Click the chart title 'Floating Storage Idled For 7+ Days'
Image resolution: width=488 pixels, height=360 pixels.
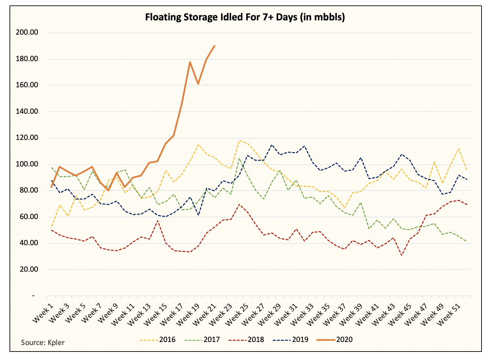[245, 17]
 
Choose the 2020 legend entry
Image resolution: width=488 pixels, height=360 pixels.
[334, 339]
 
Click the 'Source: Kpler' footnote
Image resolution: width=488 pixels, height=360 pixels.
[43, 342]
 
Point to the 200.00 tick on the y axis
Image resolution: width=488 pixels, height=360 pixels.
[27, 33]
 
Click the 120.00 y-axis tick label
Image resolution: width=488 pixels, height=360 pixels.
[27, 138]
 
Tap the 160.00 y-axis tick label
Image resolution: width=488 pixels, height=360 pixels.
[27, 85]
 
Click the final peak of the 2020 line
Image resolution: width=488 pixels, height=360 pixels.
[214, 46]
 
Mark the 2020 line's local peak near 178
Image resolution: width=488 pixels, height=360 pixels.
[190, 62]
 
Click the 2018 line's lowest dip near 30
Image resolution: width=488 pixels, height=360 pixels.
[402, 255]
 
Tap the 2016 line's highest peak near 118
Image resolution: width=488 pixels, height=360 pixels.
[239, 141]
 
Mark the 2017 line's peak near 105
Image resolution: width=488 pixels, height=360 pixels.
[239, 158]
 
